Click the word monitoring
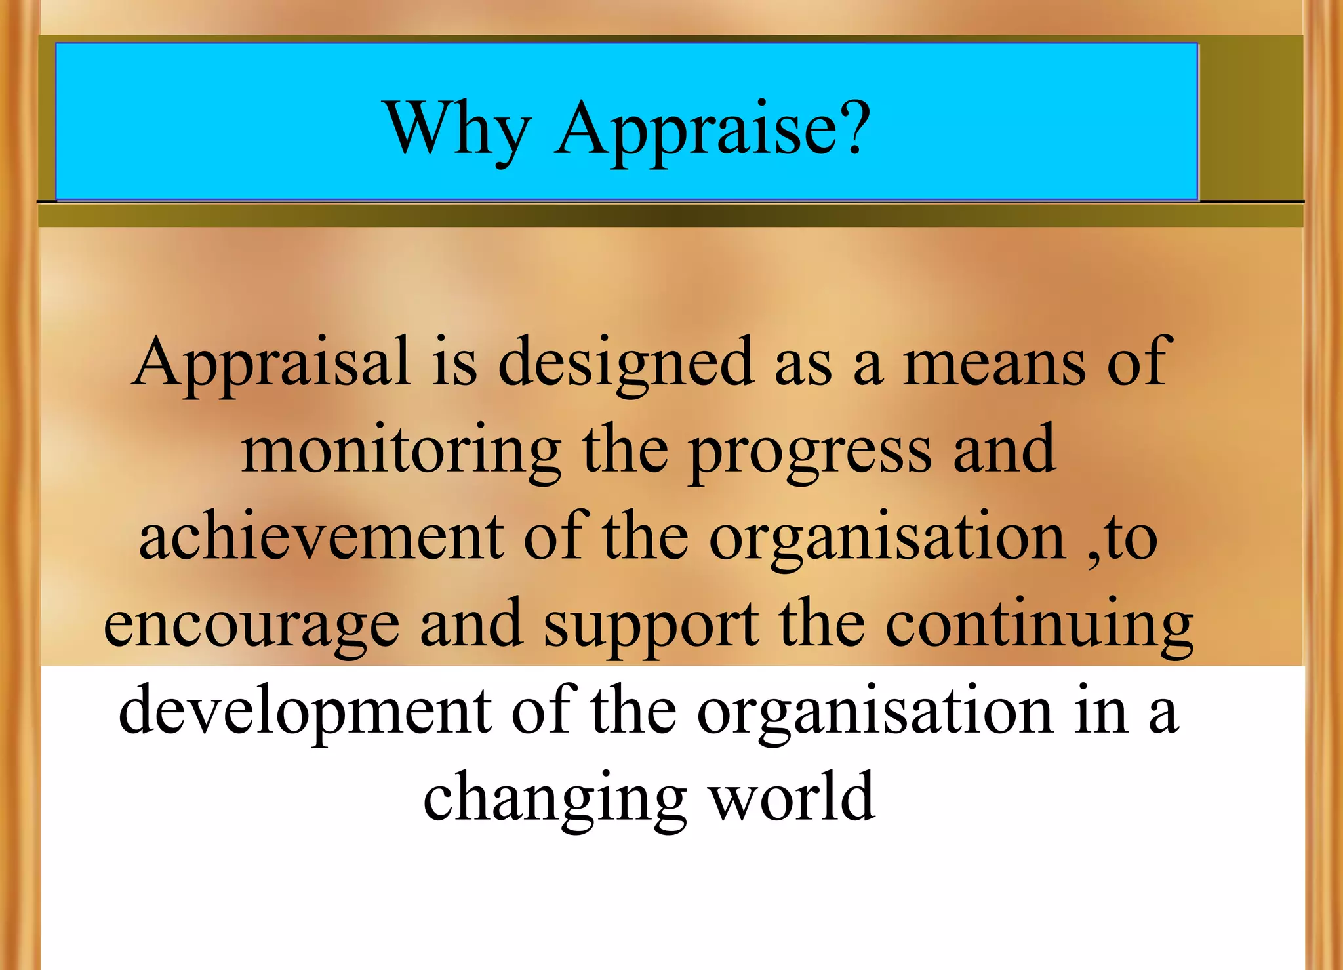coord(401,451)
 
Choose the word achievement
coord(321,537)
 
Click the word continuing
coord(1039,625)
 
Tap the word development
coord(305,712)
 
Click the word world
coord(793,798)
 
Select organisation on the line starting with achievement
coord(888,538)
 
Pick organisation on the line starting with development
coord(875,712)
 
